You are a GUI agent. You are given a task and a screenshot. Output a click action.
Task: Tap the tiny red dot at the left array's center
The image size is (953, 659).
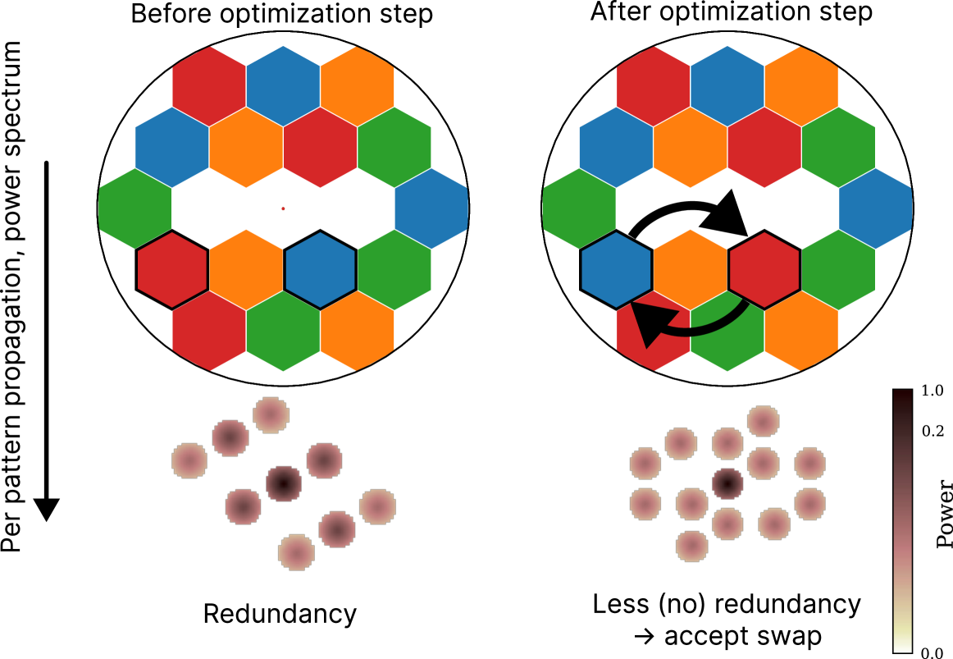point(283,208)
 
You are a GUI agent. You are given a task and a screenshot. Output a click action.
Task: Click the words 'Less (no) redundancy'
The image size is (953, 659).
point(726,605)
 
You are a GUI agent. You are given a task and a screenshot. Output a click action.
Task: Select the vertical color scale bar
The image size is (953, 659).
point(902,520)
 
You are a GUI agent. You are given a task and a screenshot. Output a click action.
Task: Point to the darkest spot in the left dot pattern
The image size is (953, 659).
point(283,483)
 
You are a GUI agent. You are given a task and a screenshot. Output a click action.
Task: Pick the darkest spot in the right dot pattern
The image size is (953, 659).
point(727,483)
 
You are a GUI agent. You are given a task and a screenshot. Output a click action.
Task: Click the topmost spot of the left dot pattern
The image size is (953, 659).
point(271,414)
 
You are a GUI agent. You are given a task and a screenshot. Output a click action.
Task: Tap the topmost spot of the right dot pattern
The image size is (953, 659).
point(763,421)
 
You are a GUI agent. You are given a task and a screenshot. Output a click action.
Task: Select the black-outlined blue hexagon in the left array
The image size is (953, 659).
point(320,270)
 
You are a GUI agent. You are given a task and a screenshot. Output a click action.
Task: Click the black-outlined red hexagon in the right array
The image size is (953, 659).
point(764,270)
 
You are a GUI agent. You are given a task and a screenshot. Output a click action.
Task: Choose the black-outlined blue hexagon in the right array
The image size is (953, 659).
point(617,270)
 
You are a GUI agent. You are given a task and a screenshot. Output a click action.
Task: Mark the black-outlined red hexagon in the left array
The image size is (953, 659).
point(172,270)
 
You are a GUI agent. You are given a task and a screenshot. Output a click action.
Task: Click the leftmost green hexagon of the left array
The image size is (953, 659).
point(135,208)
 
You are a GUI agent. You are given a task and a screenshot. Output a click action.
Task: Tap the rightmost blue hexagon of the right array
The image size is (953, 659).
point(875,208)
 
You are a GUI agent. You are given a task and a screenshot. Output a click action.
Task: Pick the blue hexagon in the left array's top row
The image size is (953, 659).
point(283,85)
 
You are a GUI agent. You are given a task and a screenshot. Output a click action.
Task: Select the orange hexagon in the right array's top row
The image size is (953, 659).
point(800,85)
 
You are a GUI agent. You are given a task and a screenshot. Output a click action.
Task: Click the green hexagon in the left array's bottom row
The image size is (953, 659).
point(283,332)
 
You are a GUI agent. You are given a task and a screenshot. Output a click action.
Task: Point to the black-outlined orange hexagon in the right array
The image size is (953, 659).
point(691,270)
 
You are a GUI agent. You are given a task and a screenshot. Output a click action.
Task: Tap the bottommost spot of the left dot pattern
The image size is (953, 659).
point(296,552)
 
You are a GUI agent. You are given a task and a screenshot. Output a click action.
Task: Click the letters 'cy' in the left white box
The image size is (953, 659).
point(343,614)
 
